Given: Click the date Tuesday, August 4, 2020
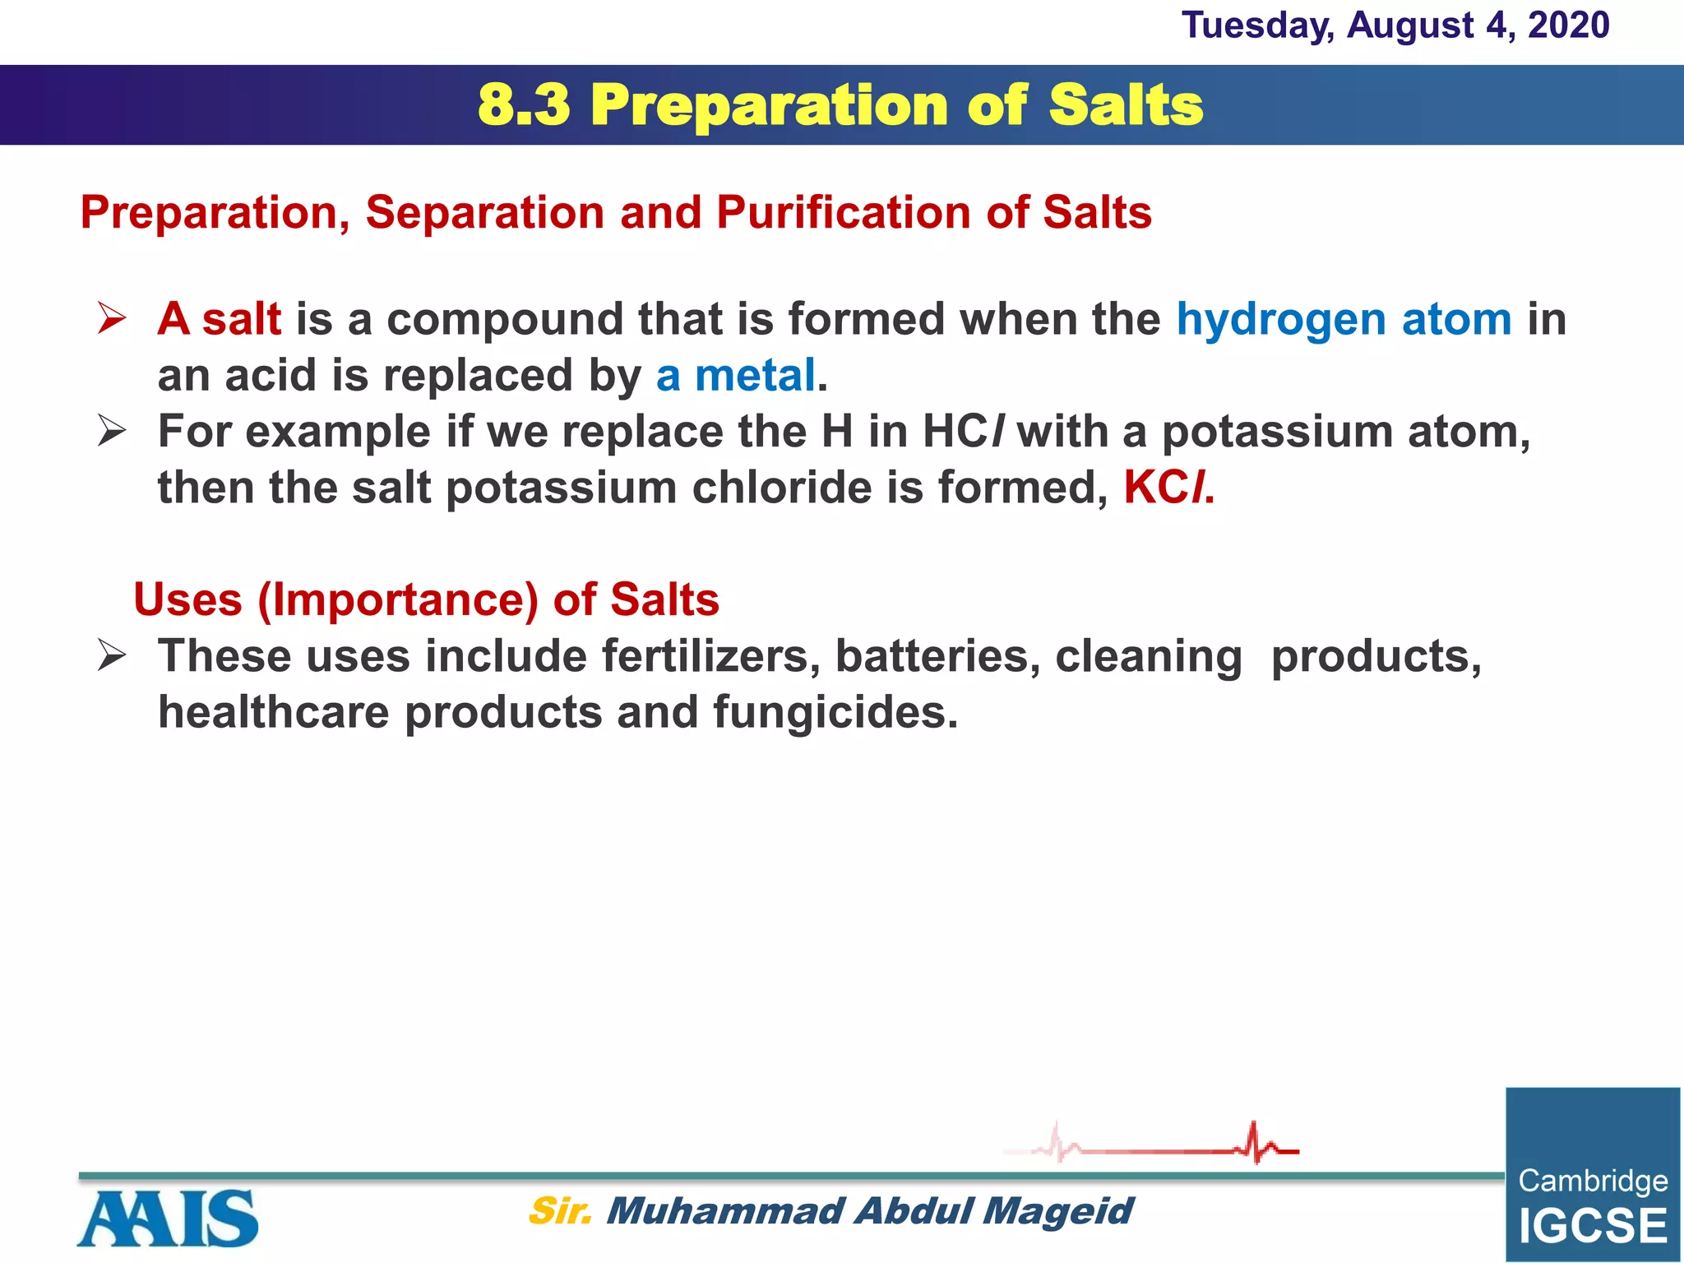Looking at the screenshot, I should tap(1395, 25).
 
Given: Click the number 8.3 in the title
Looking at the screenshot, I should tap(523, 105).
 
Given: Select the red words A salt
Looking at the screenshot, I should tap(219, 319).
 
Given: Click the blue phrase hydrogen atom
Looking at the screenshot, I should tap(1344, 319).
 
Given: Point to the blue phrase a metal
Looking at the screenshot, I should tap(735, 376).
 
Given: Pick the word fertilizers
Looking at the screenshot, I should tap(710, 656).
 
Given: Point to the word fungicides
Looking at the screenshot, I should tap(835, 712).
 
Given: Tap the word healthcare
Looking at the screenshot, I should tap(273, 712).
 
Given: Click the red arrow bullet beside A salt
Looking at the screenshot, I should tap(111, 318).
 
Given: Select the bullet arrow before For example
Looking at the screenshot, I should tap(111, 431).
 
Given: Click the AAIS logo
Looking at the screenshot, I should tap(168, 1218).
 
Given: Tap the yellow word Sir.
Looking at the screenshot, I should tap(559, 1211).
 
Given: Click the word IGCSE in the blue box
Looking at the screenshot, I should tap(1592, 1226).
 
